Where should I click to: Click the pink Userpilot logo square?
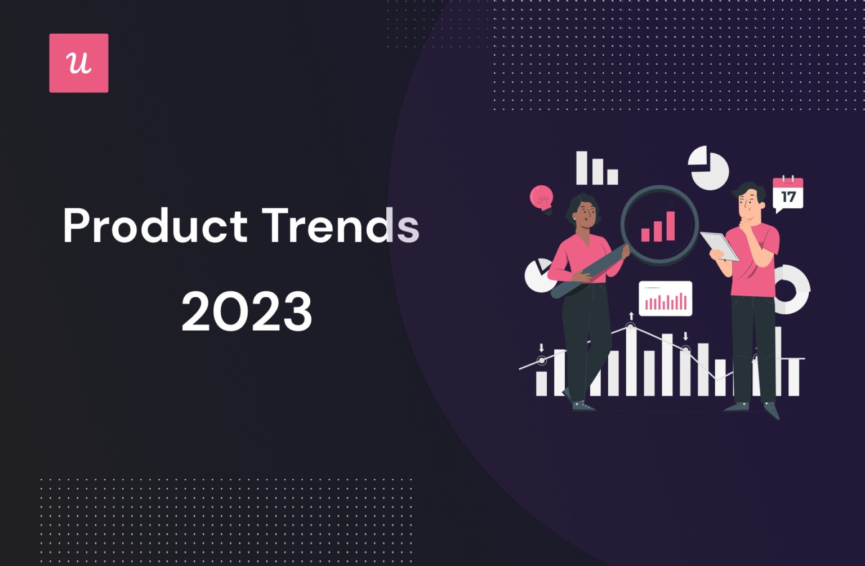click(78, 63)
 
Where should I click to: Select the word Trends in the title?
click(341, 226)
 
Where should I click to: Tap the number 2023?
click(247, 311)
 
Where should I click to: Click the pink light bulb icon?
click(541, 198)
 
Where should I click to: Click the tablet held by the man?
click(720, 246)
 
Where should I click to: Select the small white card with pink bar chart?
click(665, 298)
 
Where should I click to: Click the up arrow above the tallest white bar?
click(631, 316)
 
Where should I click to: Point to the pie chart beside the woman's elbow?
click(538, 275)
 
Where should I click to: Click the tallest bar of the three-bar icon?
click(581, 167)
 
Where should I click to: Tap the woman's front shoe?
click(583, 406)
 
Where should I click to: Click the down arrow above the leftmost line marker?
click(541, 347)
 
